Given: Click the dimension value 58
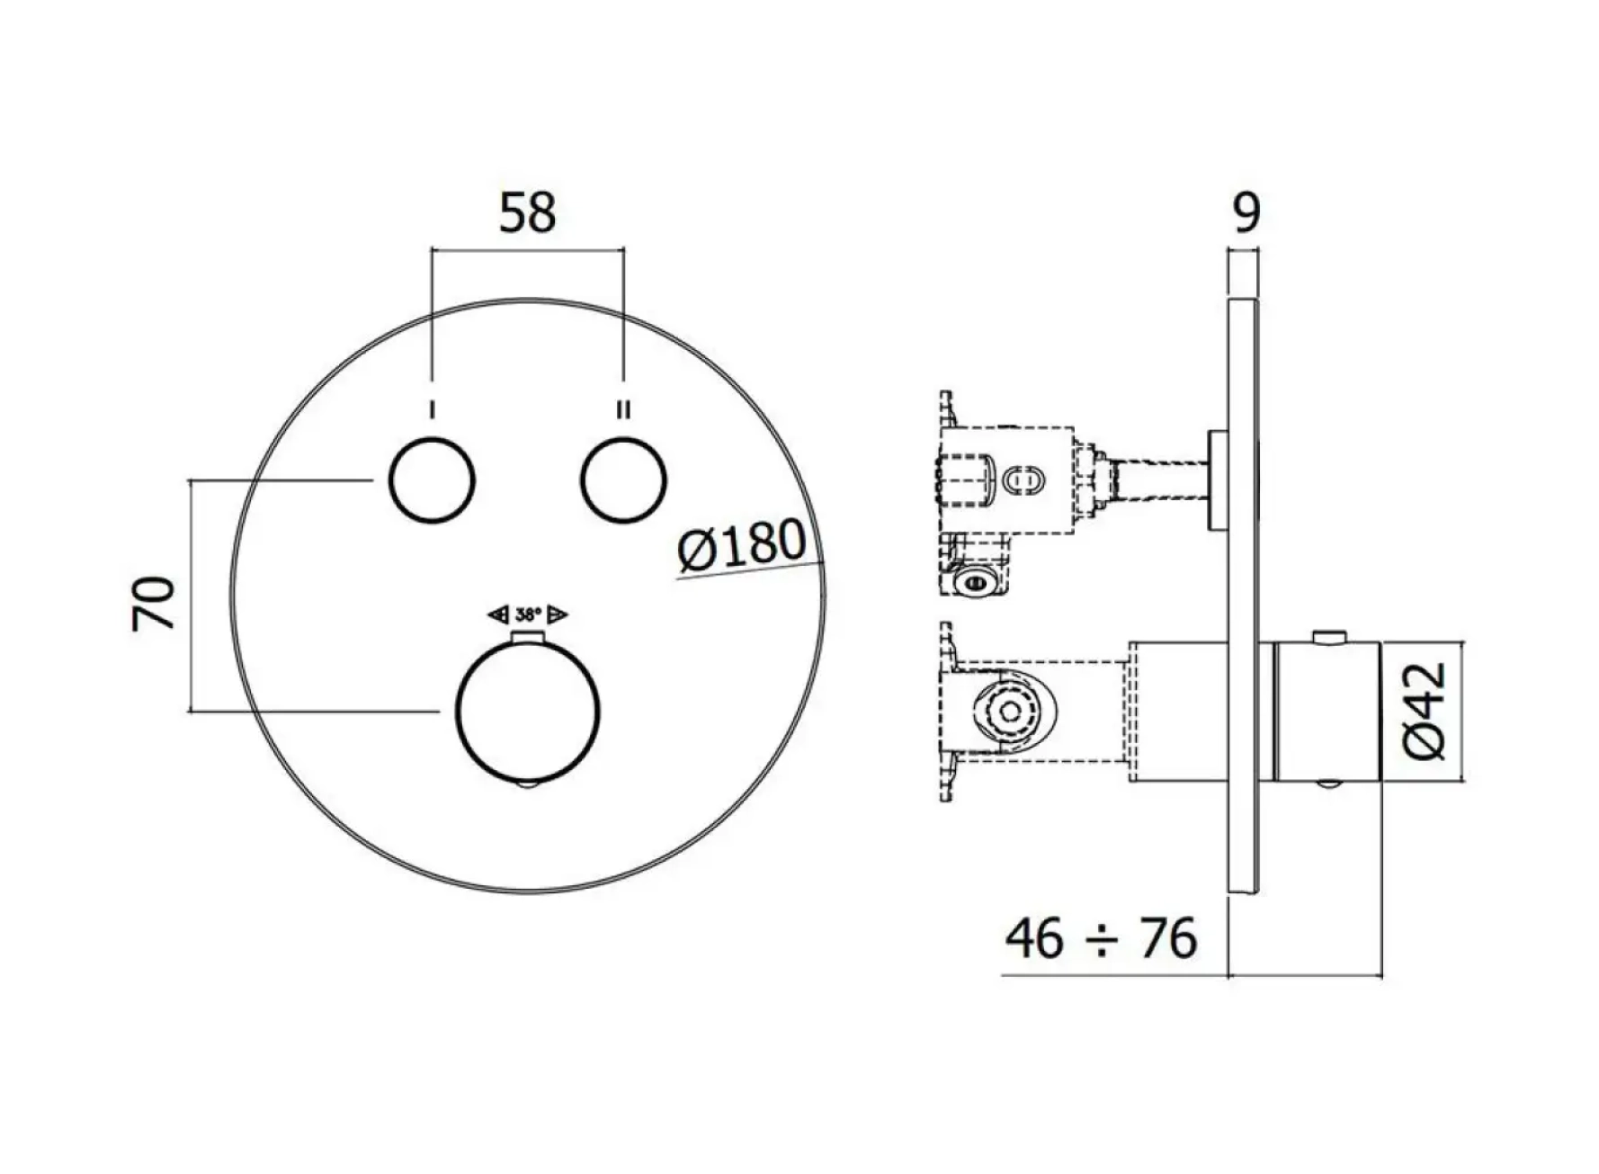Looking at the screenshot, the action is click(527, 213).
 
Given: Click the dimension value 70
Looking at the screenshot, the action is click(154, 604).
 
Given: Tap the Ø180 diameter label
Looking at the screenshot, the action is click(742, 546).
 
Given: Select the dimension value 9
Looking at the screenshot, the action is click(1245, 212).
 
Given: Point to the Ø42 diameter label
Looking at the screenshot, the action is click(1425, 711).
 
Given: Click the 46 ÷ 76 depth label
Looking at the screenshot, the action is click(1101, 938).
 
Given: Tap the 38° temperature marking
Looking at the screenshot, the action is click(528, 615).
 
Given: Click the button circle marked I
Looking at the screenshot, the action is click(432, 480).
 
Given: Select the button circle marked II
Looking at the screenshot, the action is click(623, 480).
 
